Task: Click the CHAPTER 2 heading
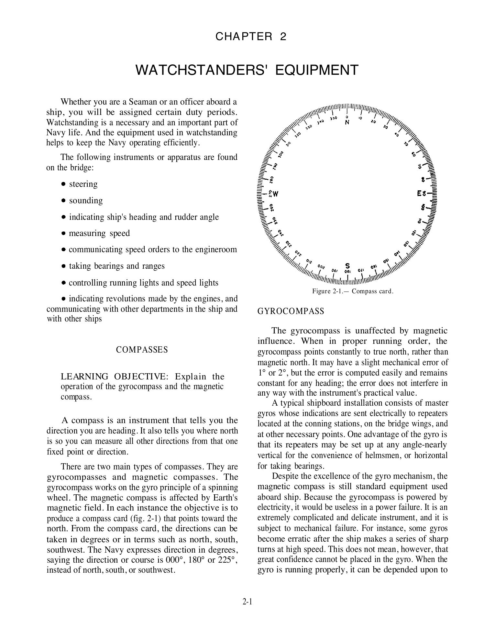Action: click(251, 37)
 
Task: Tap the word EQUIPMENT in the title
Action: click(317, 70)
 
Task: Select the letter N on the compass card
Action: click(347, 123)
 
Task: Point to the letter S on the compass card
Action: click(347, 265)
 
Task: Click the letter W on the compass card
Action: click(275, 194)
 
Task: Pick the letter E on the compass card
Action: click(420, 194)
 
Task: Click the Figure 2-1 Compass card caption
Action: click(353, 291)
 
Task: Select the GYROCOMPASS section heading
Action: click(291, 311)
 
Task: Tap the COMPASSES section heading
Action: click(142, 350)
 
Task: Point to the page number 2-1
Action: click(247, 602)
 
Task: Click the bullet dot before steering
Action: click(63, 184)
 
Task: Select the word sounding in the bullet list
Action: click(86, 201)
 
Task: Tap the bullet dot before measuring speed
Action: click(63, 233)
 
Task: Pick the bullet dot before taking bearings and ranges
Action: click(63, 266)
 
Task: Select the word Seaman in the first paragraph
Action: click(143, 102)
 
